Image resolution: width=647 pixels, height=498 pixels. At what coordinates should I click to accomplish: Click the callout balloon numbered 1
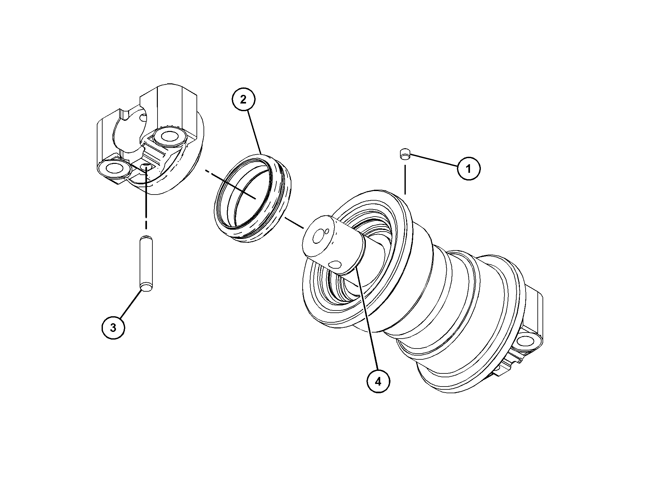[x=468, y=168]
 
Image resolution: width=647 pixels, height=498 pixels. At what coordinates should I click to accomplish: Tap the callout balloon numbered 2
[x=243, y=99]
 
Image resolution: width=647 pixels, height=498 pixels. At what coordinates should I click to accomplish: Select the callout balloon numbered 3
[x=113, y=328]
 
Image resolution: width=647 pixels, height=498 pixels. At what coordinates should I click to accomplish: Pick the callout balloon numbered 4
[x=378, y=381]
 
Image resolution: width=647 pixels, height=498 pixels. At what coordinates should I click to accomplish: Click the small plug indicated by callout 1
[x=405, y=154]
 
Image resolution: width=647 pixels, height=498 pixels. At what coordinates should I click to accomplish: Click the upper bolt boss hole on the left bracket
[x=169, y=137]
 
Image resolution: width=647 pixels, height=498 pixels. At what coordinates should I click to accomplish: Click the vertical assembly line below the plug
[x=405, y=179]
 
